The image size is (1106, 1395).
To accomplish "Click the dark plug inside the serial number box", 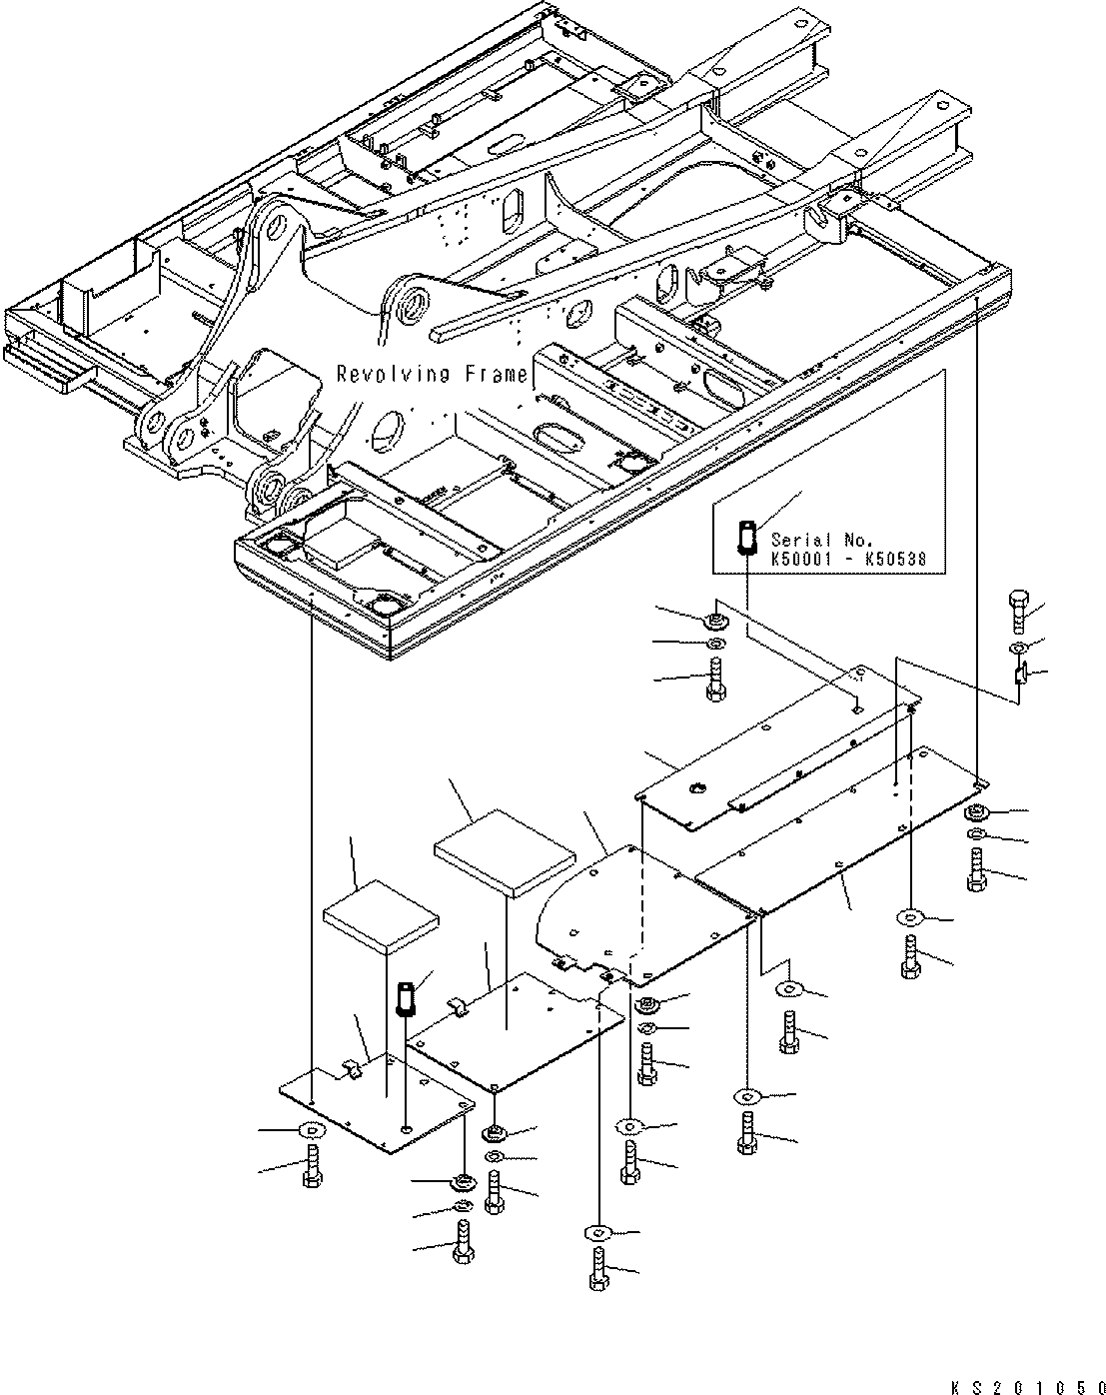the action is [746, 536].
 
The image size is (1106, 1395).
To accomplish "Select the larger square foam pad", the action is [506, 850].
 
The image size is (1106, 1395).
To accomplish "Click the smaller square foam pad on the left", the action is [381, 912].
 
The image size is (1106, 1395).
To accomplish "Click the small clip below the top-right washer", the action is [1019, 677].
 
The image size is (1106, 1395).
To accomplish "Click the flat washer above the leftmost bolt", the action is [311, 1131].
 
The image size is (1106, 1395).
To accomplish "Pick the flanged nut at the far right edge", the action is [976, 812].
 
